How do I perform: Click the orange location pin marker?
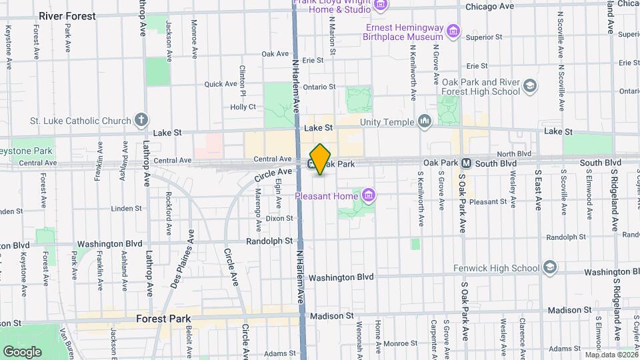click(x=321, y=159)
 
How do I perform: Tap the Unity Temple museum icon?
click(x=425, y=121)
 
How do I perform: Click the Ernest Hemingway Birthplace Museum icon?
click(x=453, y=31)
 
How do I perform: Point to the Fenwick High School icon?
click(x=550, y=268)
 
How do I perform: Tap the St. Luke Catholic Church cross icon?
click(x=141, y=121)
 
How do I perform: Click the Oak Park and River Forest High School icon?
click(x=530, y=86)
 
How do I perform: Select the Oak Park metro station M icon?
click(x=467, y=163)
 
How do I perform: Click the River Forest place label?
click(x=67, y=15)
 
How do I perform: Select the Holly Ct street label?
click(x=243, y=107)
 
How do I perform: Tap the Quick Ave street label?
click(x=221, y=84)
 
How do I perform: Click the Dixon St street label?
click(x=279, y=218)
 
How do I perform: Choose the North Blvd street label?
click(x=514, y=153)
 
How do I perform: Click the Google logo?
click(x=22, y=351)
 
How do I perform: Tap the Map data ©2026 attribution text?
click(x=611, y=355)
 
